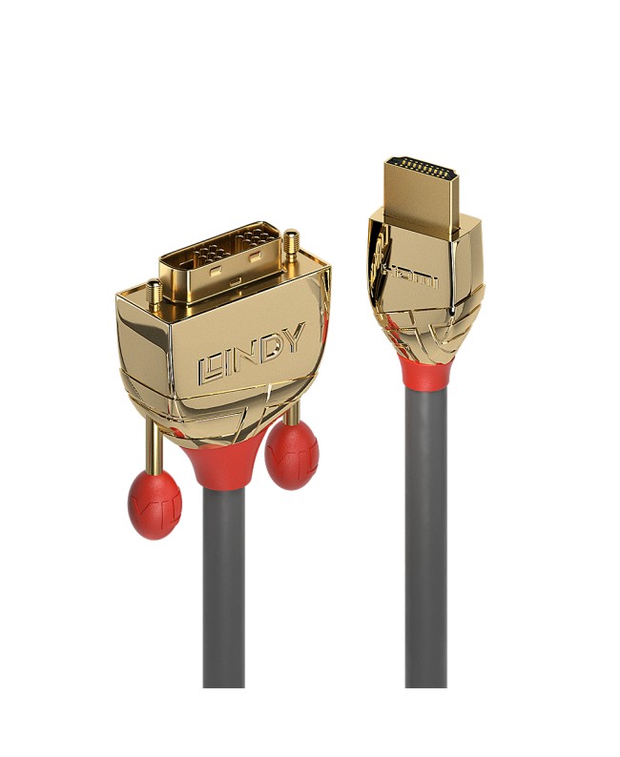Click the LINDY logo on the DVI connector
pos(251,352)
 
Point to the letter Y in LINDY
pos(292,338)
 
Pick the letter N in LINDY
pos(246,354)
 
